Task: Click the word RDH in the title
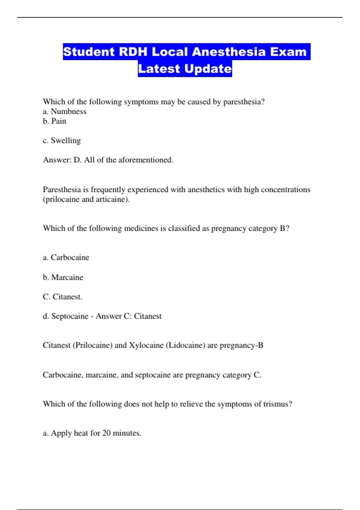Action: [x=133, y=52]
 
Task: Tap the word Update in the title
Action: [x=208, y=69]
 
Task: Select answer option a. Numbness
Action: [x=64, y=112]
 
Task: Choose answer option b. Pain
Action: [x=55, y=121]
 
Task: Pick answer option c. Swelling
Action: [x=62, y=141]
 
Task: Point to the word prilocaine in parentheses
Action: [x=62, y=199]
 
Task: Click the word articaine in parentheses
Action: [x=112, y=199]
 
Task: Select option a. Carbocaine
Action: [x=66, y=257]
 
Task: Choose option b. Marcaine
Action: [x=63, y=277]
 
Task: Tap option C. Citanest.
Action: [x=62, y=297]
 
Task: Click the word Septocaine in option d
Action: [x=70, y=316]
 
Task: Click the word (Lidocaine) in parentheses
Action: [x=185, y=345]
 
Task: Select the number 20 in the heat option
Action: [x=106, y=433]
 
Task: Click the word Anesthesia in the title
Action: [x=229, y=52]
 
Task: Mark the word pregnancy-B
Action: [x=241, y=345]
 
